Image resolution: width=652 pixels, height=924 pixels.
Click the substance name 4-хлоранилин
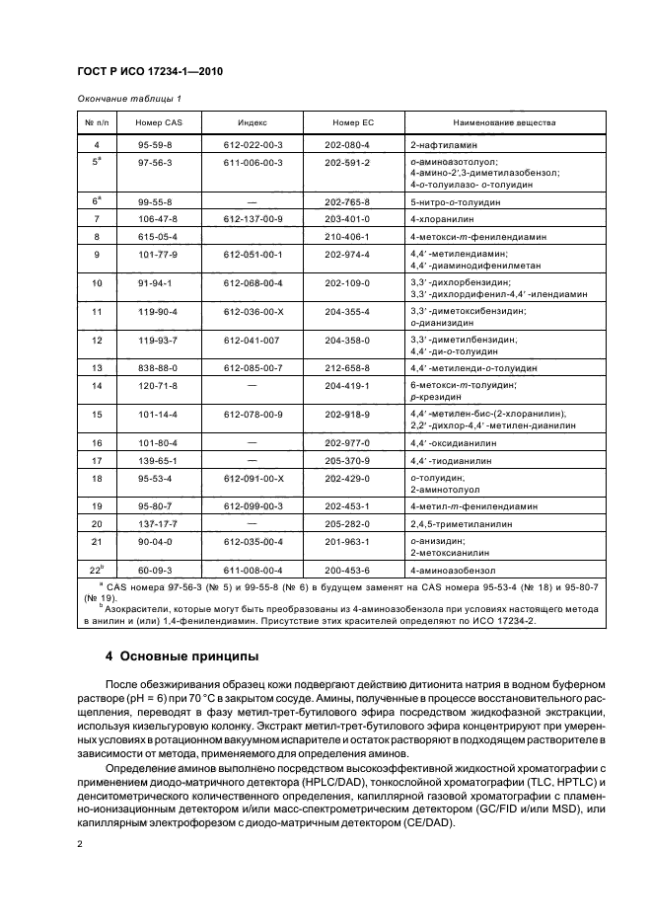[x=442, y=218]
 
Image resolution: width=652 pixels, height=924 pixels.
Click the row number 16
[x=97, y=442]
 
